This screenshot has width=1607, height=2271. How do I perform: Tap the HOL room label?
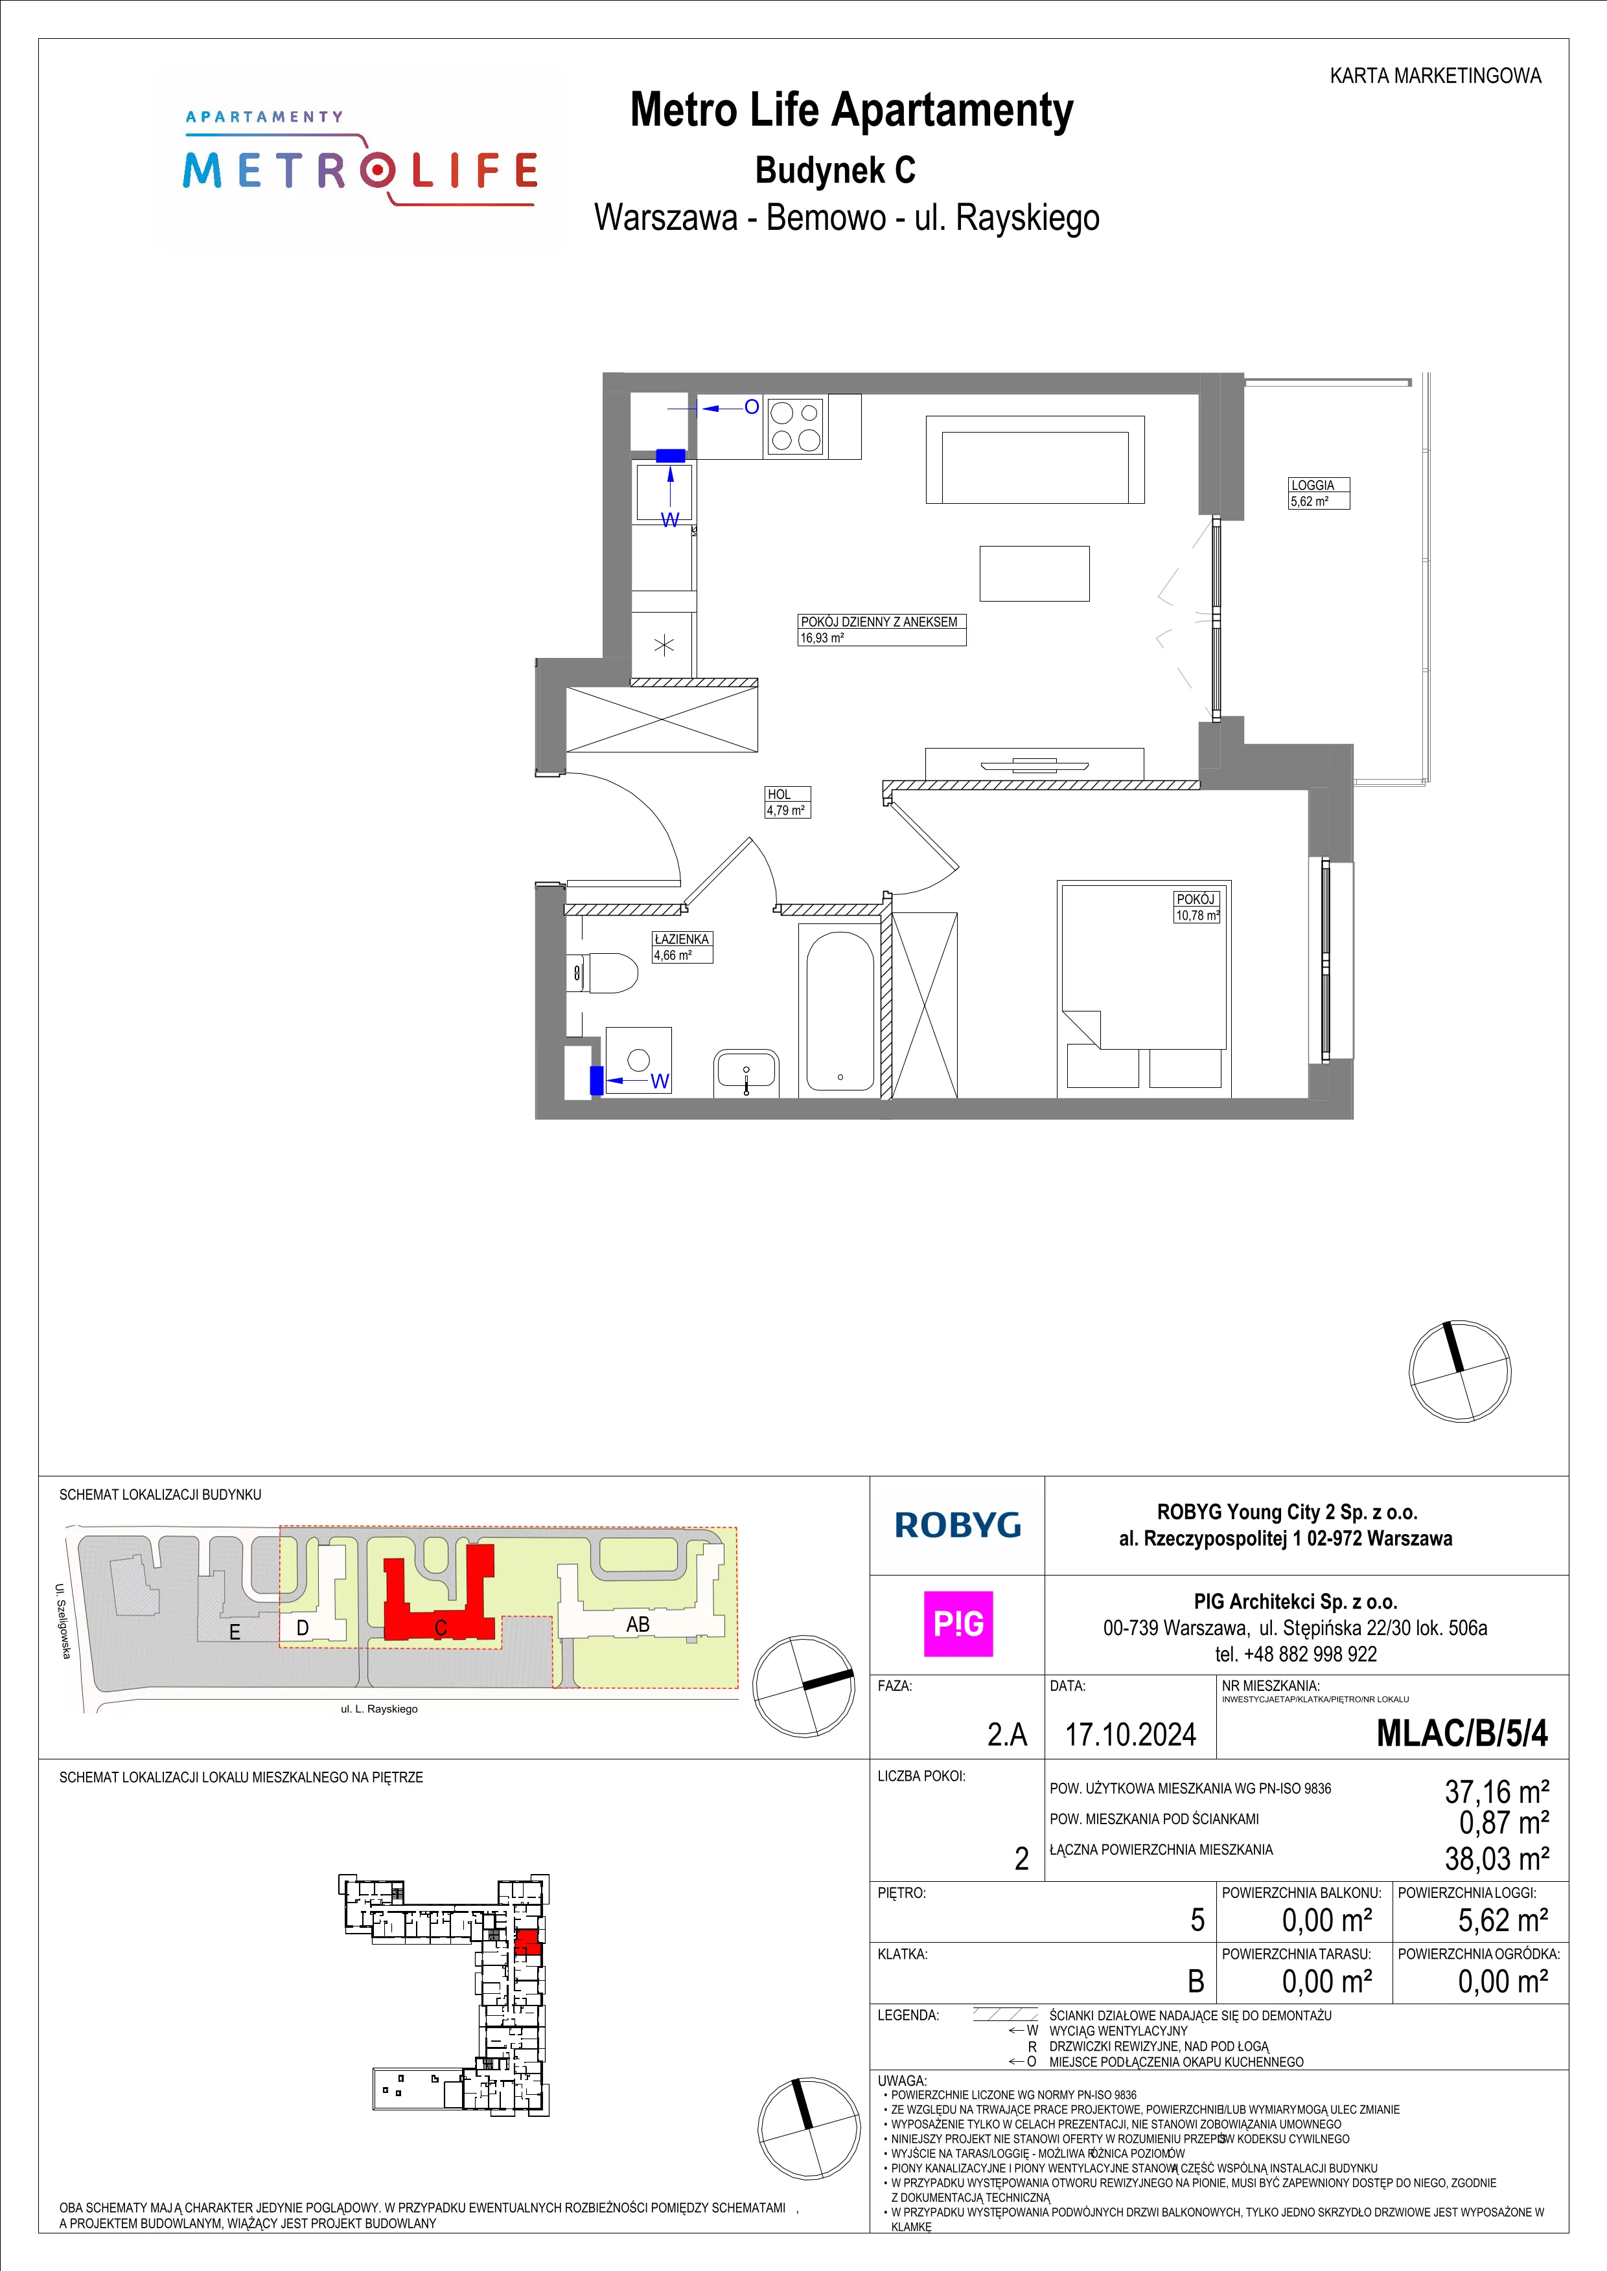click(x=779, y=795)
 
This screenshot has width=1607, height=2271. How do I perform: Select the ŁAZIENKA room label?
click(x=682, y=939)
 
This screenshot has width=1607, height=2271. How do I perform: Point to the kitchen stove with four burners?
click(x=796, y=426)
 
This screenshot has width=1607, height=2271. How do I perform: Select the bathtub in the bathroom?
click(x=839, y=1011)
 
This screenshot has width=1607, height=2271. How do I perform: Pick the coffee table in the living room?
click(x=1034, y=574)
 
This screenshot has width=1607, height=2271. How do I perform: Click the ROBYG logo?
click(x=957, y=1525)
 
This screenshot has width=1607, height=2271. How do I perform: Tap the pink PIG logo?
click(x=958, y=1624)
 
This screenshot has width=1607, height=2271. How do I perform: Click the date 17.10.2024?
click(x=1130, y=1735)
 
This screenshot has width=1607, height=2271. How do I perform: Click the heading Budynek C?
click(x=835, y=170)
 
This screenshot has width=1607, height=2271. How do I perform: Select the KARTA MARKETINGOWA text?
click(x=1435, y=76)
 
